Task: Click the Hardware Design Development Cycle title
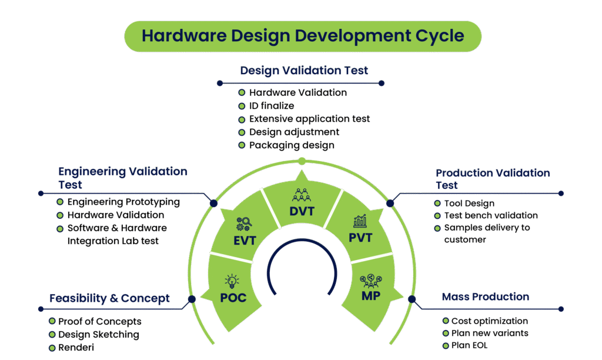pyautogui.click(x=303, y=35)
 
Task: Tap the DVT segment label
pyautogui.click(x=302, y=211)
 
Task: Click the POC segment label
pyautogui.click(x=233, y=297)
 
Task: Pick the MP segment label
pyautogui.click(x=370, y=296)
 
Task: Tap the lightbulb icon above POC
pyautogui.click(x=232, y=281)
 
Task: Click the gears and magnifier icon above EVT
pyautogui.click(x=243, y=224)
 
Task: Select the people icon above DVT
pyautogui.click(x=301, y=195)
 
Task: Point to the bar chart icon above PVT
pyautogui.click(x=360, y=222)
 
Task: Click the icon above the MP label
pyautogui.click(x=370, y=279)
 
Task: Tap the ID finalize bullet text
pyautogui.click(x=272, y=106)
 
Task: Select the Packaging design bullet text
pyautogui.click(x=292, y=145)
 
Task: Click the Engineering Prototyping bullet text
pyautogui.click(x=123, y=202)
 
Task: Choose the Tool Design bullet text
pyautogui.click(x=469, y=203)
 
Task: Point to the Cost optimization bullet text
pyautogui.click(x=489, y=321)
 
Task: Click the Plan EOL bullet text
pyautogui.click(x=469, y=345)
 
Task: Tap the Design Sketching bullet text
pyautogui.click(x=99, y=335)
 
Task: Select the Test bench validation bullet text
pyautogui.click(x=491, y=215)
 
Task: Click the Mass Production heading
pyautogui.click(x=485, y=296)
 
